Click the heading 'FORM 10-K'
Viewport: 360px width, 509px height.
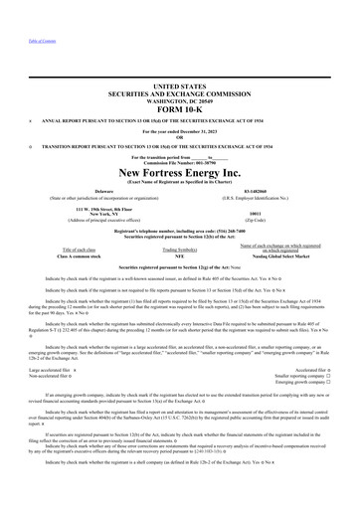179,108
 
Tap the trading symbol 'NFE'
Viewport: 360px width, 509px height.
180,255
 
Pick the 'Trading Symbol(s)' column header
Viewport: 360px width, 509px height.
180,249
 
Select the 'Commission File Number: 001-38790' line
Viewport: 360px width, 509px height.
179,163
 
